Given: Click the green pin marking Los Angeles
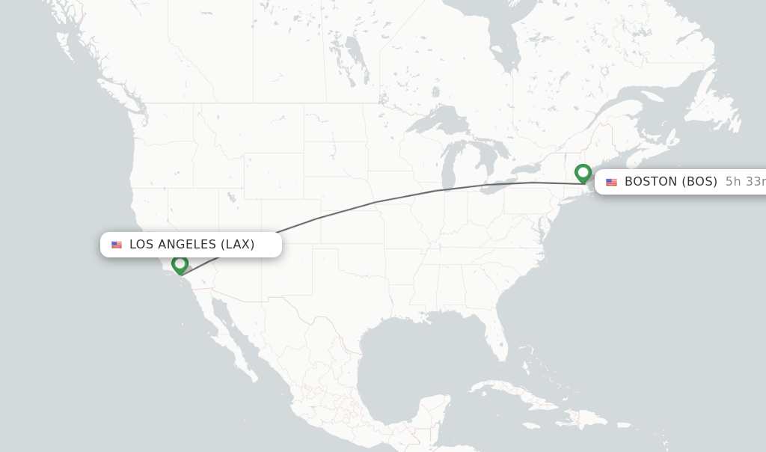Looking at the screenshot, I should tap(180, 264).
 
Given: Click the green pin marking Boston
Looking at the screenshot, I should tap(583, 173).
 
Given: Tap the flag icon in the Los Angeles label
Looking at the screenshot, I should tap(117, 245).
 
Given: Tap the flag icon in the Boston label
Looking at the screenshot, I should tap(612, 182).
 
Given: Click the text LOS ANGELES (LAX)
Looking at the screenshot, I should tap(191, 245).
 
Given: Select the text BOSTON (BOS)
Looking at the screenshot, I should tap(670, 182).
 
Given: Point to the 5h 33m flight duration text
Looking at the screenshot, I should tap(745, 182).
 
